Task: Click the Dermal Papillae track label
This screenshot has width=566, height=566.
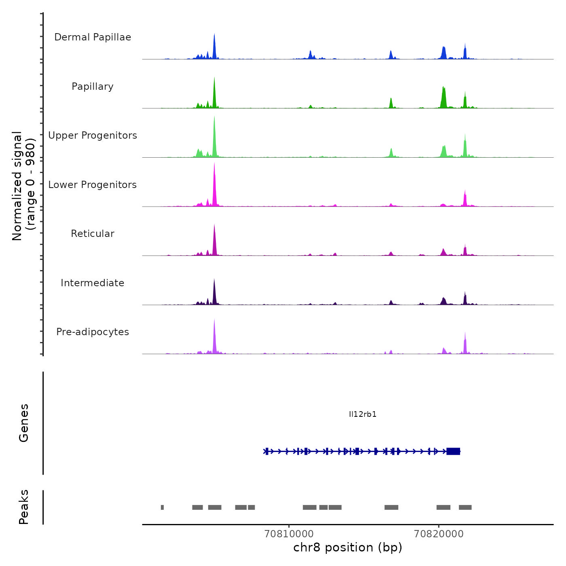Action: point(93,37)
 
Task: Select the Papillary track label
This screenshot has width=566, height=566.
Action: point(93,87)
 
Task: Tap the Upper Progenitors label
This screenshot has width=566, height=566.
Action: point(93,135)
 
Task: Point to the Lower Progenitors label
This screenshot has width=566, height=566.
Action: point(93,185)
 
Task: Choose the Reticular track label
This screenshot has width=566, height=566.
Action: point(93,234)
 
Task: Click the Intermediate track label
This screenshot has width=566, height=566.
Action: point(93,283)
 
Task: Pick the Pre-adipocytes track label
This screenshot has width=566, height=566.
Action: point(93,332)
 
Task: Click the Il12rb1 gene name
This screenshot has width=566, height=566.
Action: point(363,414)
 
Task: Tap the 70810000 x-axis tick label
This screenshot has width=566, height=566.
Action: point(289,534)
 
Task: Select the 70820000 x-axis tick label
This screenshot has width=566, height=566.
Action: point(439,534)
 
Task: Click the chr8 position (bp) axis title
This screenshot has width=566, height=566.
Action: point(348,547)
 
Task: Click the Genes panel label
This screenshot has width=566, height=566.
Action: point(24,423)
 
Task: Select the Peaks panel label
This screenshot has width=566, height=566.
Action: point(24,507)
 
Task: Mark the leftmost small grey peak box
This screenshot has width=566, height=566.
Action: point(162,507)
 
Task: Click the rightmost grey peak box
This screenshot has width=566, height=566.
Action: point(465,507)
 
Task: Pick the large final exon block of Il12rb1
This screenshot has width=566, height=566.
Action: point(453,451)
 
